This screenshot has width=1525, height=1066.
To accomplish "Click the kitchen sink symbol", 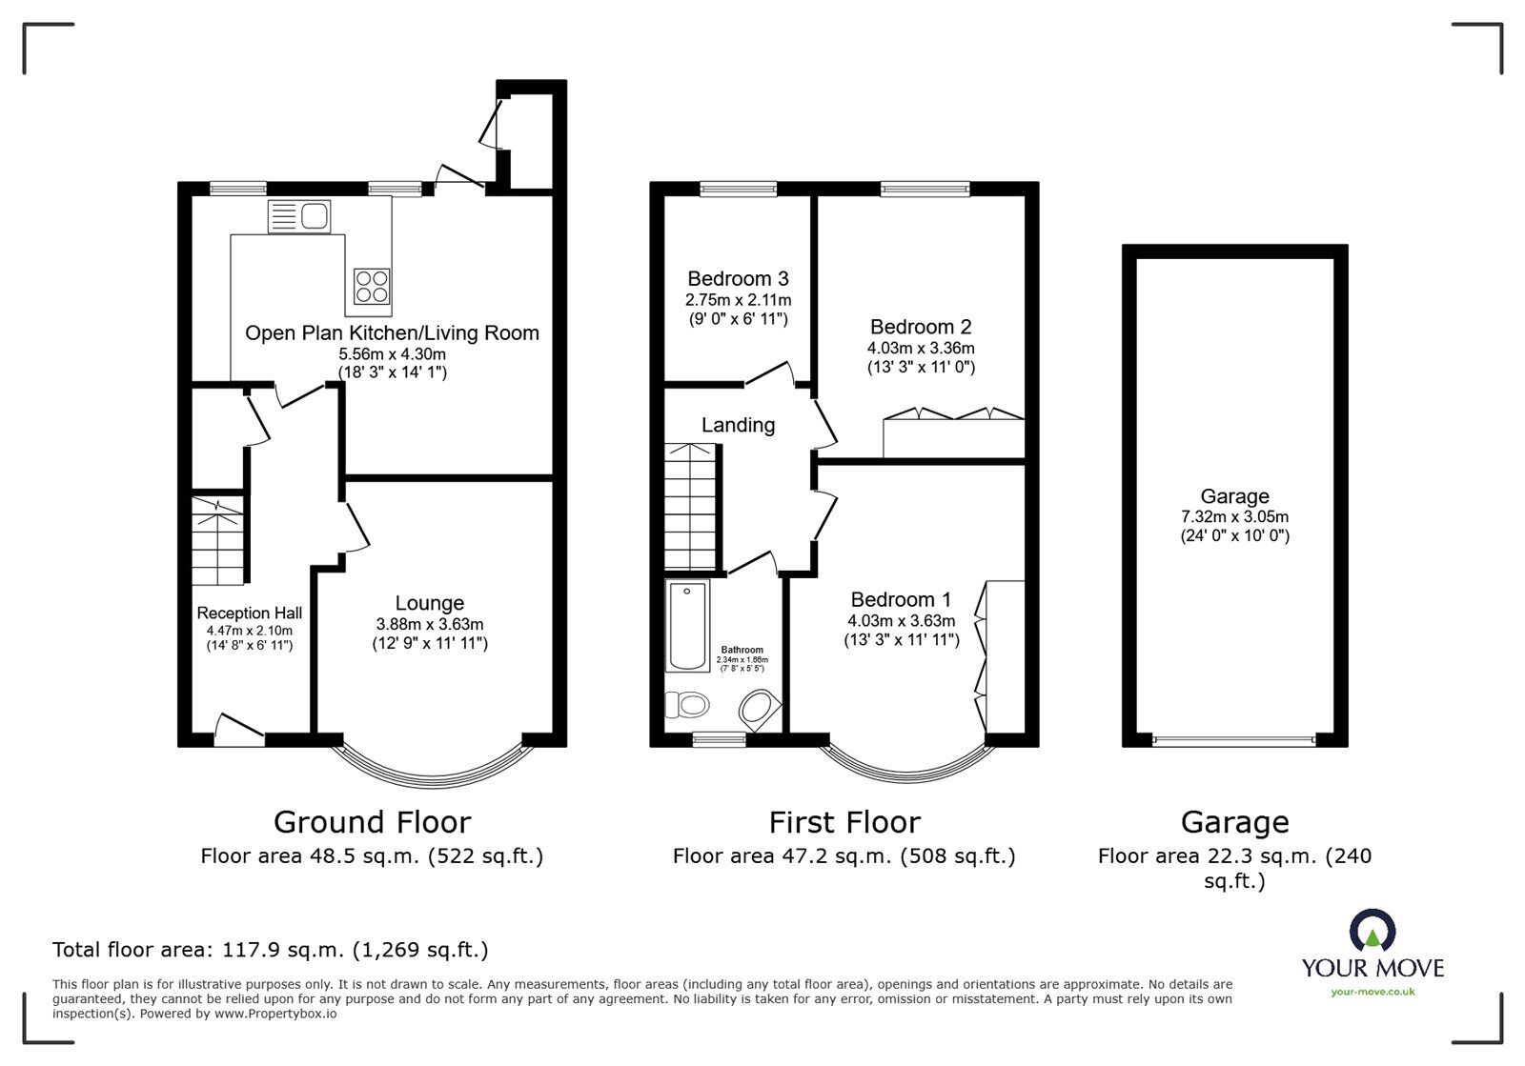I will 299,216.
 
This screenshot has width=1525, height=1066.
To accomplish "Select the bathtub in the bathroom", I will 688,626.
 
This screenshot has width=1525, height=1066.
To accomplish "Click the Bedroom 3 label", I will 738,279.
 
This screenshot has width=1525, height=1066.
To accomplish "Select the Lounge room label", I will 430,603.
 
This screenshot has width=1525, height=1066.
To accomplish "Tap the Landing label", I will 738,425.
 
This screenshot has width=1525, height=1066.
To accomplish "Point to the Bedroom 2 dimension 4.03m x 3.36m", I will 921,348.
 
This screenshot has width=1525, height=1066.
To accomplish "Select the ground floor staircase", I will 218,540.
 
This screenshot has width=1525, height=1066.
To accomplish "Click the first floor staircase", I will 690,506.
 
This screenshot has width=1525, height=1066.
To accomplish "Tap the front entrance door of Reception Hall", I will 238,731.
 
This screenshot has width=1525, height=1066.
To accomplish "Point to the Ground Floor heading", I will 372,822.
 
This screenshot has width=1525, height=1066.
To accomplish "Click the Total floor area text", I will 270,950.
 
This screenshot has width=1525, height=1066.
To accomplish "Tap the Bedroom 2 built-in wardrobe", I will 953,436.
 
